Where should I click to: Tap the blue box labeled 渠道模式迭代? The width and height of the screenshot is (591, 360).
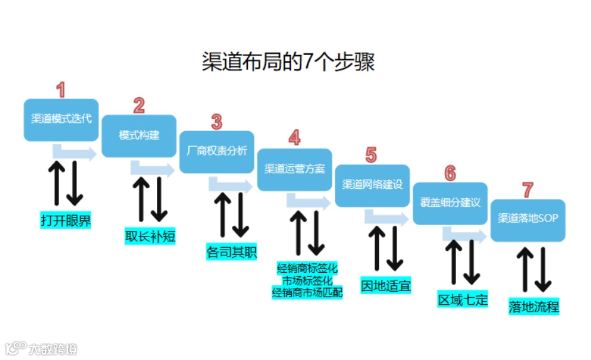61,119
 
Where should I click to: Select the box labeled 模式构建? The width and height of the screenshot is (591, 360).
139,135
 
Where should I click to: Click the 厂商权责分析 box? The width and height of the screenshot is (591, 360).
217,152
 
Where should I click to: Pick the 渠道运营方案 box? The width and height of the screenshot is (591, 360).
295,169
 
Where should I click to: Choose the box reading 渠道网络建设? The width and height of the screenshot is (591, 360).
372,185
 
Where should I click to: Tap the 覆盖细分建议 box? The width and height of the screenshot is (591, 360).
450,202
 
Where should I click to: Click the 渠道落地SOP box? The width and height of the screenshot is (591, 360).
528,219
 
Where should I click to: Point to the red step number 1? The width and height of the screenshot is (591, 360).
60,90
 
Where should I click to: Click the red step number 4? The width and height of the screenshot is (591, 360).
294,138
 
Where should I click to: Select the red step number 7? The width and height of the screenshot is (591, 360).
528,189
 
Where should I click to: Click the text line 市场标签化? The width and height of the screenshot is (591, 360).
307,280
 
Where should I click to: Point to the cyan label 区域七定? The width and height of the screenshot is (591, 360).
463,300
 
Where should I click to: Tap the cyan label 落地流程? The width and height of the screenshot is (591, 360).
534,307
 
